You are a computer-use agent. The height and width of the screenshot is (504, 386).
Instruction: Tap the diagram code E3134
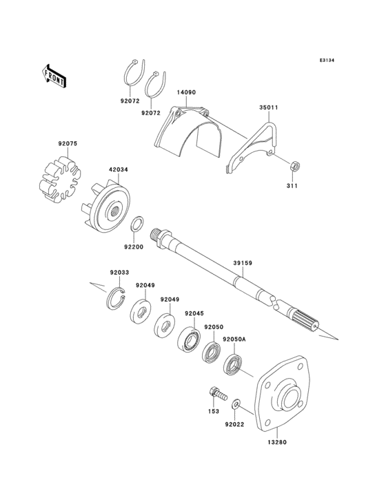(326, 61)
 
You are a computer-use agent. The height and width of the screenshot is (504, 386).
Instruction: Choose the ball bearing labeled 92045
(188, 340)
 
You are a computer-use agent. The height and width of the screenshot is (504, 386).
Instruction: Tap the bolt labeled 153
(217, 396)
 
